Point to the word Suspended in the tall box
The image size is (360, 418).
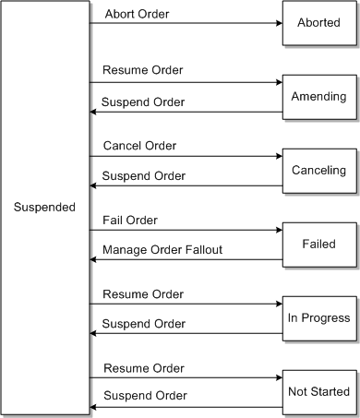point(45,207)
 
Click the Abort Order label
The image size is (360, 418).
point(138,14)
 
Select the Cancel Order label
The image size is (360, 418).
point(139,145)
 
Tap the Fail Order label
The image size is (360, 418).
point(130,220)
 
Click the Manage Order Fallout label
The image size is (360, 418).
point(162,249)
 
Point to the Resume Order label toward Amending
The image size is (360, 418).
point(143,70)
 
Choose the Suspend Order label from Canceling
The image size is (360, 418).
point(143,174)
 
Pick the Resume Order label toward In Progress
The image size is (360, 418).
point(143,293)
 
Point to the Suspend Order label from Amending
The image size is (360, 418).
point(143,101)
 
